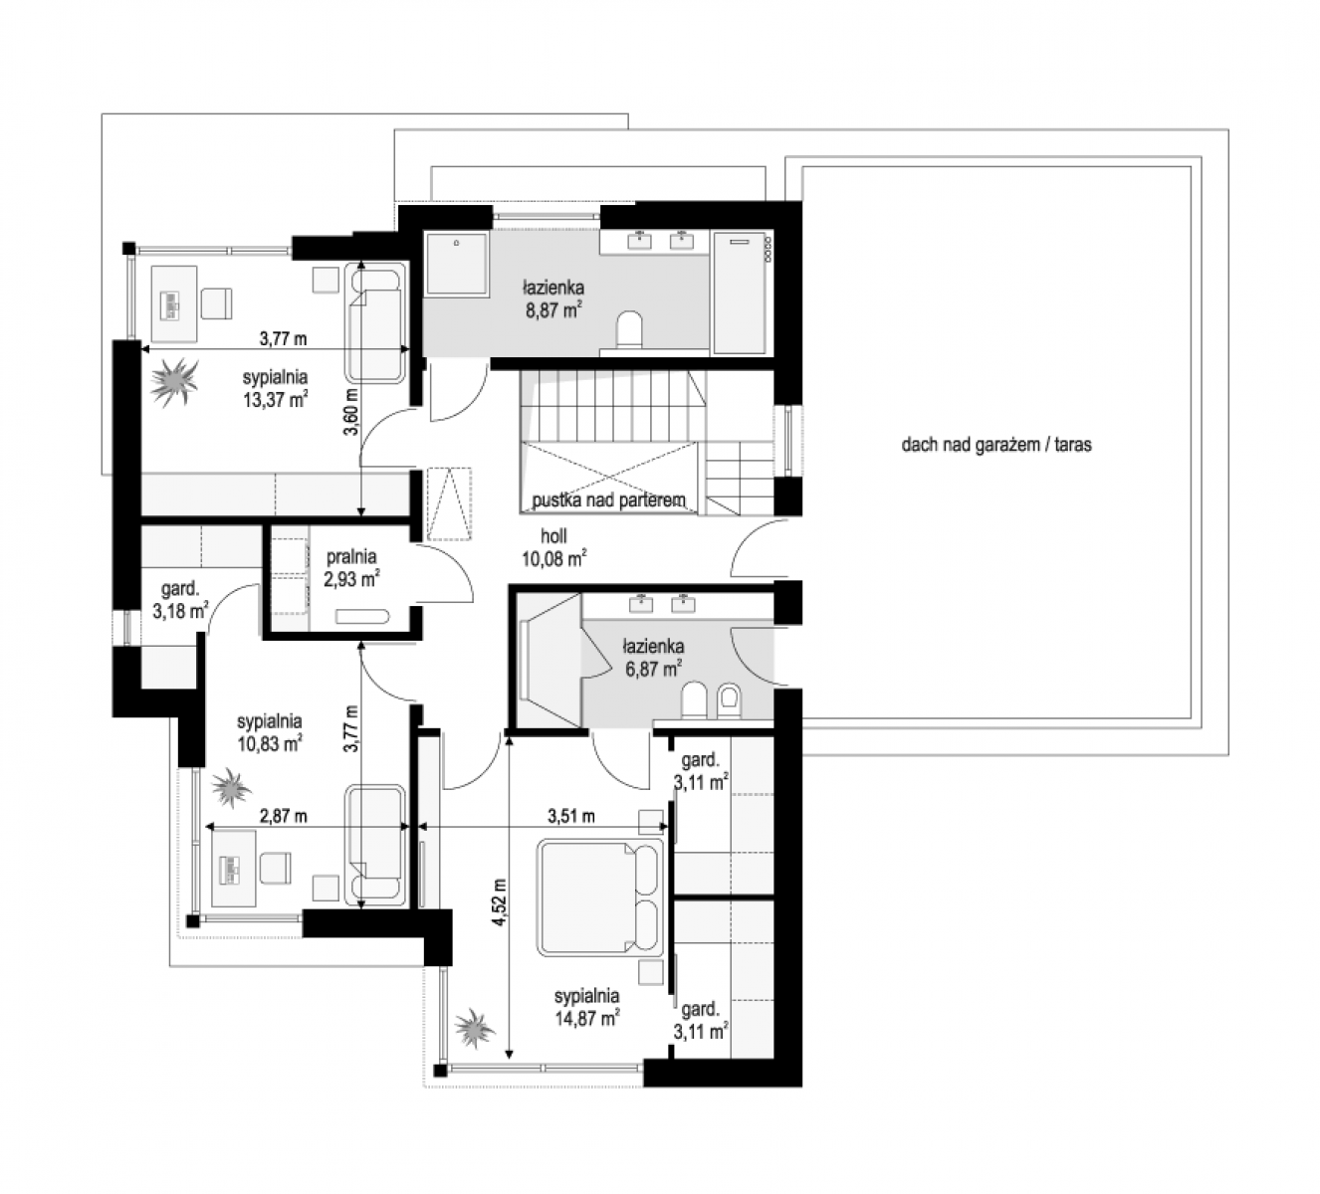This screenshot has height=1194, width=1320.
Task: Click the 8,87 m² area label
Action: [553, 309]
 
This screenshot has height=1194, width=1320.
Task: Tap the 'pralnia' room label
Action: [351, 556]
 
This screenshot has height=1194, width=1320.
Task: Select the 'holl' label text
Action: [553, 535]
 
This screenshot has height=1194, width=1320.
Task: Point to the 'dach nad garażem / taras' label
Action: [996, 445]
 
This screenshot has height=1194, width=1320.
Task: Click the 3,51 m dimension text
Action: [571, 816]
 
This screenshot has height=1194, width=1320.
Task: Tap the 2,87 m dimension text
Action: [283, 816]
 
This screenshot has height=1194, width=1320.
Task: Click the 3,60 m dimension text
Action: [352, 412]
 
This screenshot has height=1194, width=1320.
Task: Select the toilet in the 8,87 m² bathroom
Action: [629, 328]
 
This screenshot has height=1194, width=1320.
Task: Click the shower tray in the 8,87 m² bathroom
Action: [457, 262]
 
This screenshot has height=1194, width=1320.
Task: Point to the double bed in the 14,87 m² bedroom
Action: [600, 896]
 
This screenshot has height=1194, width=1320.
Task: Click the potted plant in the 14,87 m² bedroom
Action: [475, 1028]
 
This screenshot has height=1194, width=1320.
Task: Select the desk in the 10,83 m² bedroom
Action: [234, 868]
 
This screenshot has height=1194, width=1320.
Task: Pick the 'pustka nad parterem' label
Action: [608, 500]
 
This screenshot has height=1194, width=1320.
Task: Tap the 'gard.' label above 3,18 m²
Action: [179, 589]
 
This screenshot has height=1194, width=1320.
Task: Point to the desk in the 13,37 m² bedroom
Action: [174, 303]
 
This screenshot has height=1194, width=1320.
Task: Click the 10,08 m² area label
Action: [554, 558]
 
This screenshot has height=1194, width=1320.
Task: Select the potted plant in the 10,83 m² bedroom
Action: [230, 786]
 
